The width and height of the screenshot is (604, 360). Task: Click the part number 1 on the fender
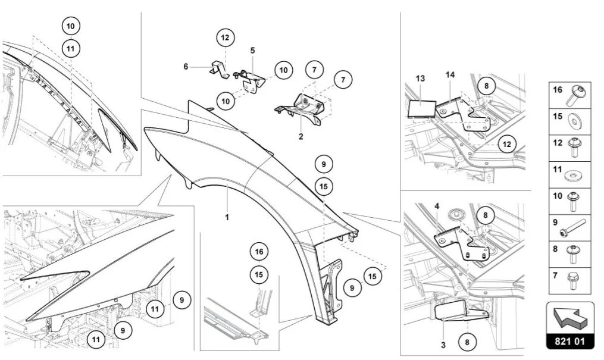tap(227, 217)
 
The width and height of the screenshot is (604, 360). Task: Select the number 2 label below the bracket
tap(301, 136)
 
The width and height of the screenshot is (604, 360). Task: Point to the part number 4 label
tap(437, 206)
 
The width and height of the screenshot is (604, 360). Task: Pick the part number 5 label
tap(252, 50)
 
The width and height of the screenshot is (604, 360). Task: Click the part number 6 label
tap(186, 67)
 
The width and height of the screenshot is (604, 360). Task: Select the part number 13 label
tap(421, 78)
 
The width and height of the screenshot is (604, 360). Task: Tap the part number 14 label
tap(450, 74)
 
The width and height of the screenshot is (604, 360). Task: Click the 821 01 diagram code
tap(569, 343)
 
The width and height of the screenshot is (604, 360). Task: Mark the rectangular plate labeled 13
tap(422, 108)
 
